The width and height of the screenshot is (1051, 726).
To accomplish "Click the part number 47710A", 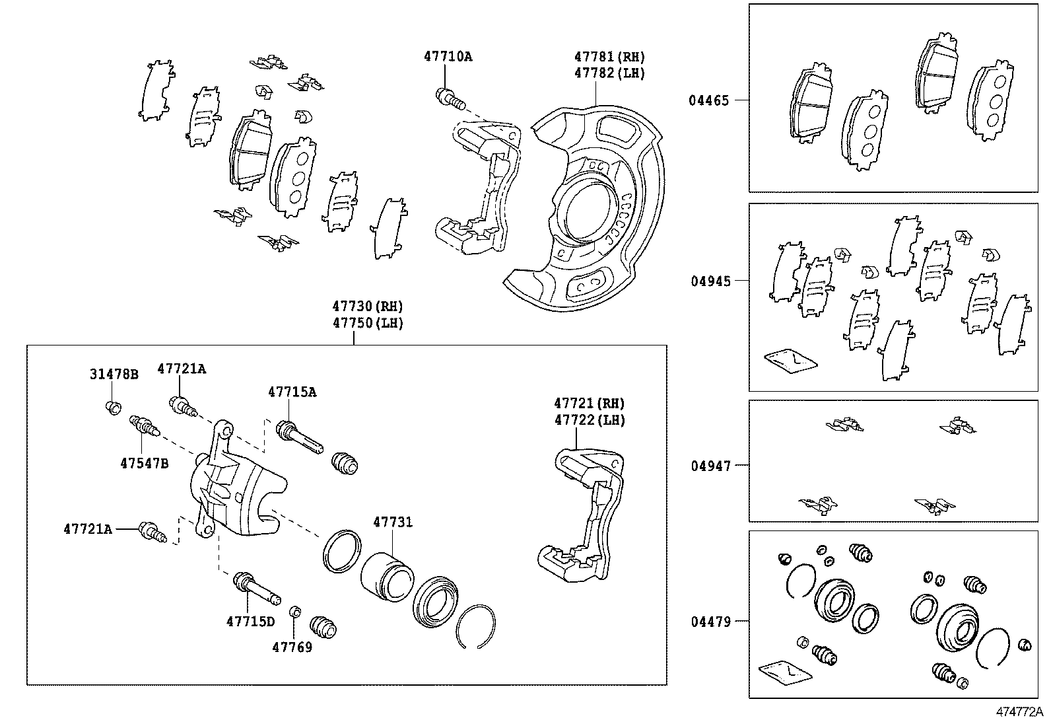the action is click(x=448, y=56).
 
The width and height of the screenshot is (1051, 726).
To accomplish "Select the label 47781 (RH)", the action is click(x=609, y=57).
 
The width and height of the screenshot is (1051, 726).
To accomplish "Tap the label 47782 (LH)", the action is click(x=609, y=73).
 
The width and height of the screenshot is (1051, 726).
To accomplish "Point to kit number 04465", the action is click(x=708, y=100).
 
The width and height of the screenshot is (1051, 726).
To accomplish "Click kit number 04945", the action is click(x=711, y=281).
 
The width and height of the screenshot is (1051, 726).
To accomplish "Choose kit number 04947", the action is click(x=711, y=466).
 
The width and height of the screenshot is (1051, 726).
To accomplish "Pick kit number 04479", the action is click(x=711, y=622).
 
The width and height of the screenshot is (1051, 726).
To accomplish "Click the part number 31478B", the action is click(x=114, y=375).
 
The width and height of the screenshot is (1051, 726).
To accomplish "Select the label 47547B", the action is click(x=144, y=464).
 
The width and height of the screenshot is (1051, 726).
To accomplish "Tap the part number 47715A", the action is click(x=292, y=392).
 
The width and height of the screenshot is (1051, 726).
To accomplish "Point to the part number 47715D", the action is click(x=251, y=622).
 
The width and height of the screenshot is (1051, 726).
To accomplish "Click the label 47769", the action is click(x=292, y=647).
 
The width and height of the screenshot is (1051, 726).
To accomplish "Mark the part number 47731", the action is click(x=393, y=522).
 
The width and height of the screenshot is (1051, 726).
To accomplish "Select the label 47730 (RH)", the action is click(x=368, y=307).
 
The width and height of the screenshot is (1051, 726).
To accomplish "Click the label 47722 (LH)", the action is click(x=590, y=420).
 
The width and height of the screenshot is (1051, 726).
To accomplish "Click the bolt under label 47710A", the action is click(x=450, y=99).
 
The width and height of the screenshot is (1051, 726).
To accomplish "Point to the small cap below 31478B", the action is click(x=113, y=407).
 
